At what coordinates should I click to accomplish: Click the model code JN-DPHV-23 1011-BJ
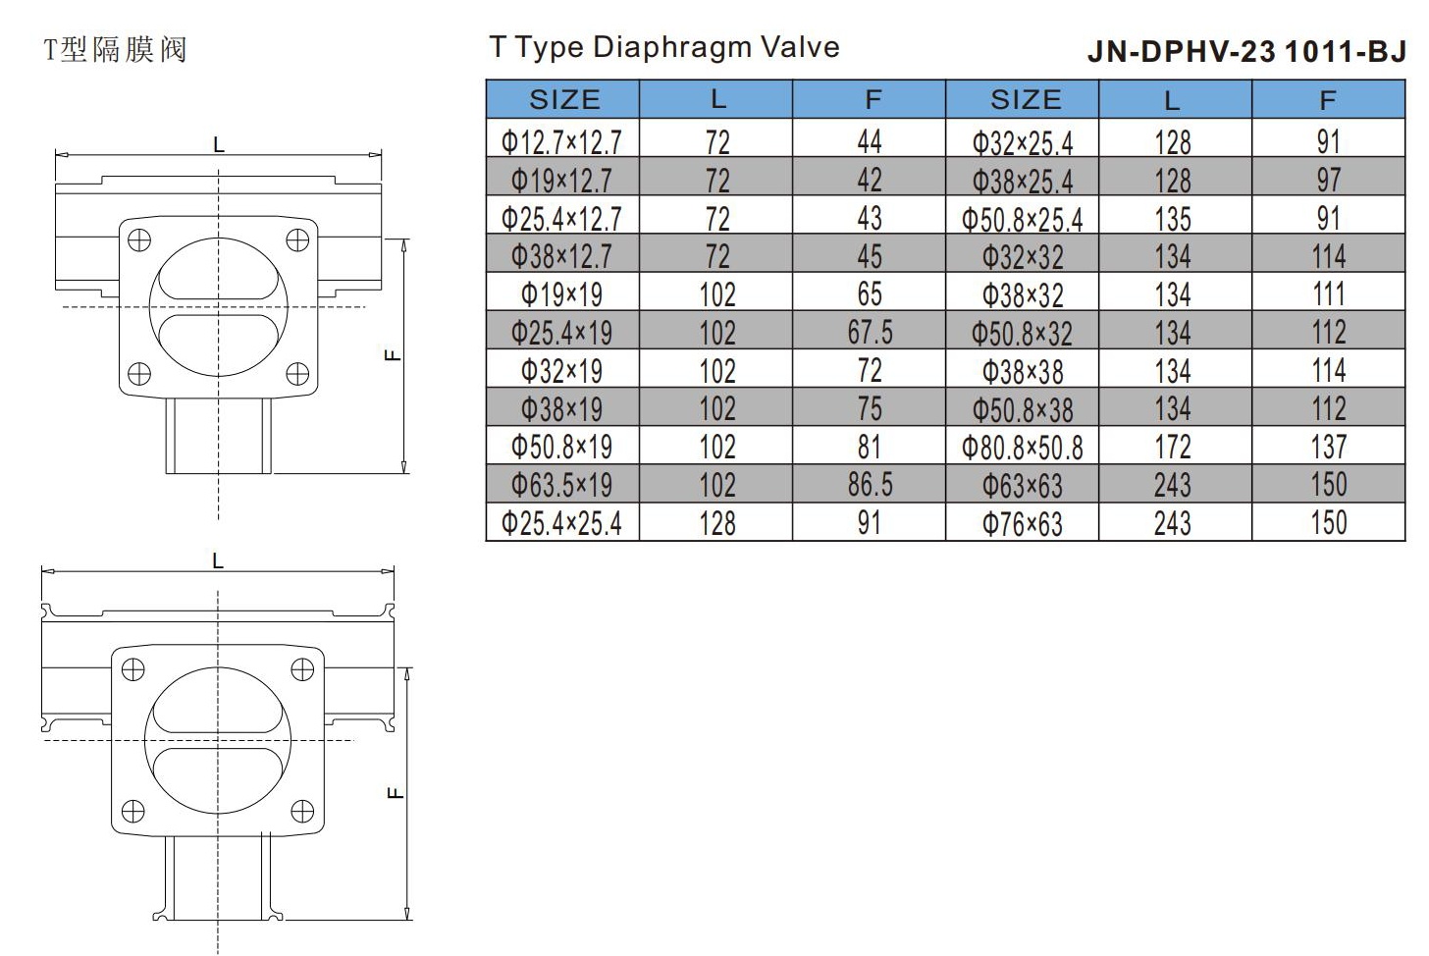[x=1246, y=52]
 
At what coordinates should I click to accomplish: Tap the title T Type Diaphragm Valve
[x=664, y=47]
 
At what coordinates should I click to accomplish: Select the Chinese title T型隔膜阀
[x=115, y=50]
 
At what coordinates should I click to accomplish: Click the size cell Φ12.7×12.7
[x=561, y=141]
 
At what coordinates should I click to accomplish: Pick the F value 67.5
[x=871, y=332]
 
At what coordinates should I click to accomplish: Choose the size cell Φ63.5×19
[x=561, y=485]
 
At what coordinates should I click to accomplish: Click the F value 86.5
[x=871, y=485]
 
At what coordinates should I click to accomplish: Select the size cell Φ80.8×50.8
[x=1023, y=448]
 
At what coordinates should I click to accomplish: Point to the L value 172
[x=1173, y=447]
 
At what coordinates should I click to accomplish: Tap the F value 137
[x=1329, y=447]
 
